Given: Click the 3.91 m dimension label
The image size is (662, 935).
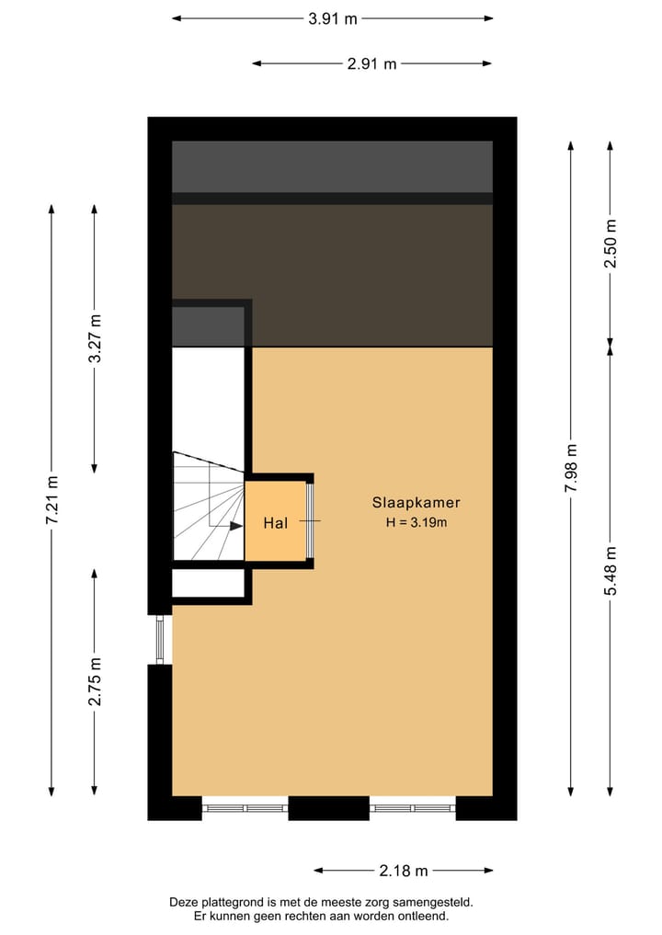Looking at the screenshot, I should [333, 17].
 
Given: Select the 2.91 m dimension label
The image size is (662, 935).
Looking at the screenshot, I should [371, 63].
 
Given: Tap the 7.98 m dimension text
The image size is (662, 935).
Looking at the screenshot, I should [571, 469].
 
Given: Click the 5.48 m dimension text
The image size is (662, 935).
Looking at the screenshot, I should [611, 570].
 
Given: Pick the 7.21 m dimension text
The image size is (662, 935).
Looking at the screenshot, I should [51, 501].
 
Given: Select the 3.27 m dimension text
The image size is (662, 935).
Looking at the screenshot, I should [95, 338].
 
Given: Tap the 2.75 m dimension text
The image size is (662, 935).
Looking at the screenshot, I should [95, 681].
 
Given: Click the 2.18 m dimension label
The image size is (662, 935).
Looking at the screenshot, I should [404, 871].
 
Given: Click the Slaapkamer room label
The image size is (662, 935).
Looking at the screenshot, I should [416, 503].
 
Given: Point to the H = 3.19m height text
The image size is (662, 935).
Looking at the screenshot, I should [416, 523].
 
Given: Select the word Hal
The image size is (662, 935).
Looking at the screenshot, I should [276, 523].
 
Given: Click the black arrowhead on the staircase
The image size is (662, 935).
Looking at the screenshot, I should [236, 526].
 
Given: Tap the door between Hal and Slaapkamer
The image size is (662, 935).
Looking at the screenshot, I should [310, 521].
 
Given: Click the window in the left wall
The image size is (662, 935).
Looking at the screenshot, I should [160, 639].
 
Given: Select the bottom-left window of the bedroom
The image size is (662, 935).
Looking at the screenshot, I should [245, 808].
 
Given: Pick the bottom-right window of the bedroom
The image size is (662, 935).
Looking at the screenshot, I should [413, 808].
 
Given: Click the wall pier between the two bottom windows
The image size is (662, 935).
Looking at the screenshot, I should [328, 808].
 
